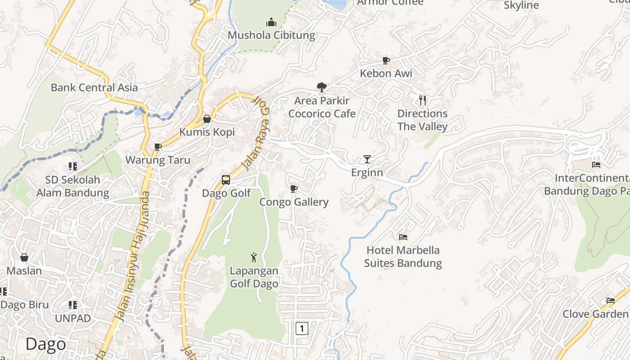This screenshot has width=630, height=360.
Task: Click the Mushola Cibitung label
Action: click(x=271, y=35)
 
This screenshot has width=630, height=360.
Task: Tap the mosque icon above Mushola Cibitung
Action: click(x=271, y=22)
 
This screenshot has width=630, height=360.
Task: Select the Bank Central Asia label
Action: click(x=94, y=87)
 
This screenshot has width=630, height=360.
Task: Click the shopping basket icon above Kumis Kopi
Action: click(x=207, y=119)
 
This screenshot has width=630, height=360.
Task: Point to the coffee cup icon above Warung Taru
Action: click(x=157, y=147)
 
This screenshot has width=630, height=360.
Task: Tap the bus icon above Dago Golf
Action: click(x=226, y=180)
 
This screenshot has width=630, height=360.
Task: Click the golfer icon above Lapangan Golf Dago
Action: click(x=254, y=257)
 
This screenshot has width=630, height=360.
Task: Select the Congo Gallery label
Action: click(x=294, y=202)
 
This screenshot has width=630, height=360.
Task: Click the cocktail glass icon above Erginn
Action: click(x=367, y=159)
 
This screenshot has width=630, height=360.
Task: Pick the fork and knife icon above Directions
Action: click(x=422, y=100)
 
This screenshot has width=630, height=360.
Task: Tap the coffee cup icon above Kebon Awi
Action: click(x=386, y=60)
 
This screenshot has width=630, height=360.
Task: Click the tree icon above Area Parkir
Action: click(x=321, y=87)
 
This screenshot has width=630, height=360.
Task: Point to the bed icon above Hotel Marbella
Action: click(x=403, y=237)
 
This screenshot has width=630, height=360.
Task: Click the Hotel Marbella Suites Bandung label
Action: click(x=403, y=256)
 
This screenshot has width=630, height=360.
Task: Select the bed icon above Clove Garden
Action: click(x=610, y=300)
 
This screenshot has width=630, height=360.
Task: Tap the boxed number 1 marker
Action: click(x=301, y=328)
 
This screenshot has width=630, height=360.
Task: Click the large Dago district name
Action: click(x=45, y=344)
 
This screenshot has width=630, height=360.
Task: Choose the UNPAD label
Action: click(x=72, y=318)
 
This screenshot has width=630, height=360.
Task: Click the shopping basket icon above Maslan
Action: click(x=24, y=257)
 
